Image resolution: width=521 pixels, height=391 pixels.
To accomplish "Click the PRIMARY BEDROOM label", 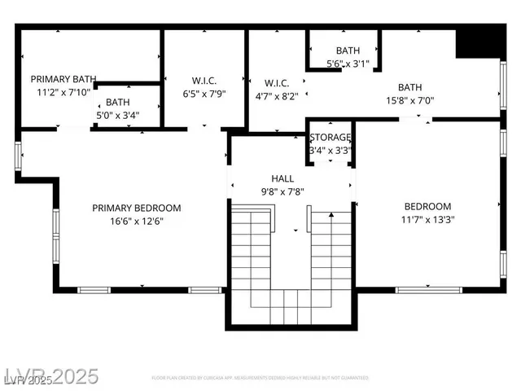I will (136, 208).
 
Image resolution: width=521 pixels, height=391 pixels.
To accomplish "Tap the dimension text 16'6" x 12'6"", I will (136, 221).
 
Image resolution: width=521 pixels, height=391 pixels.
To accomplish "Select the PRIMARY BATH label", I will (63, 79).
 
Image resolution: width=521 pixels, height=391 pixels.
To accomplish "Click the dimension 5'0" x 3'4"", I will (117, 115).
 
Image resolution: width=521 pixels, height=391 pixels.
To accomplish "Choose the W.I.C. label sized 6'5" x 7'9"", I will (204, 80).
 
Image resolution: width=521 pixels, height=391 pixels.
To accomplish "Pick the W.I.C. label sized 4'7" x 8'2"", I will (277, 82).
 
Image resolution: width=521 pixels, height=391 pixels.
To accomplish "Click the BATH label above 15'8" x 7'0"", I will (409, 87).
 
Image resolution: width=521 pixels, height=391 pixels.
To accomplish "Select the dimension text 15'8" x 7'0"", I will (409, 100).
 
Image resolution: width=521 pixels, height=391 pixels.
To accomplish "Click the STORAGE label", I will (330, 138).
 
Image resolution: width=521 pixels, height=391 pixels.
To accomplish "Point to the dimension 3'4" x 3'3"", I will (330, 150).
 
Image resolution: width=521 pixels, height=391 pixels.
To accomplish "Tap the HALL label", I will (282, 178).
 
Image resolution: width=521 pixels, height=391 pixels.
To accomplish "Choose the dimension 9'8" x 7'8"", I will (282, 191).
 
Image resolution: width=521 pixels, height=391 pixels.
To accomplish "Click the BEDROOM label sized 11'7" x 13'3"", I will (427, 207).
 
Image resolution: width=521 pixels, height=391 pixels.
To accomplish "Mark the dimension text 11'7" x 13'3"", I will (427, 220).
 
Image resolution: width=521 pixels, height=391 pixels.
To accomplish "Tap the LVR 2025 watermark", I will (50, 377).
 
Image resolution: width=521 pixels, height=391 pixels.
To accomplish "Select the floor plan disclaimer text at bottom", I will (260, 378).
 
